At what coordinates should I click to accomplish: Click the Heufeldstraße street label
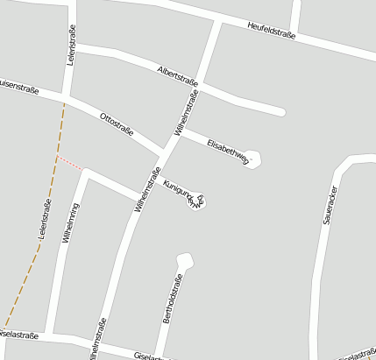pyautogui.click(x=272, y=31)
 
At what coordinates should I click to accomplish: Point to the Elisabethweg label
pyautogui.click(x=227, y=150)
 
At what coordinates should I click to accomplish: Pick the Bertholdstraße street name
pyautogui.click(x=173, y=300)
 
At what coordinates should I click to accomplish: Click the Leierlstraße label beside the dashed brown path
pyautogui.click(x=44, y=219)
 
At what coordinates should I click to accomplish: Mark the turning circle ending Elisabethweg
pyautogui.click(x=253, y=159)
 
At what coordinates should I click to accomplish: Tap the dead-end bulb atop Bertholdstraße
pyautogui.click(x=183, y=259)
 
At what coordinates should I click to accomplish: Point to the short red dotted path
pyautogui.click(x=70, y=163)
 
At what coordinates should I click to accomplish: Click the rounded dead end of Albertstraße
pyautogui.click(x=280, y=111)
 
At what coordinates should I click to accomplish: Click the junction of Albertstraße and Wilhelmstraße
pyautogui.click(x=198, y=79)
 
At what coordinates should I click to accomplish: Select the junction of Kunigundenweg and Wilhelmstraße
pyautogui.click(x=144, y=196)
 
